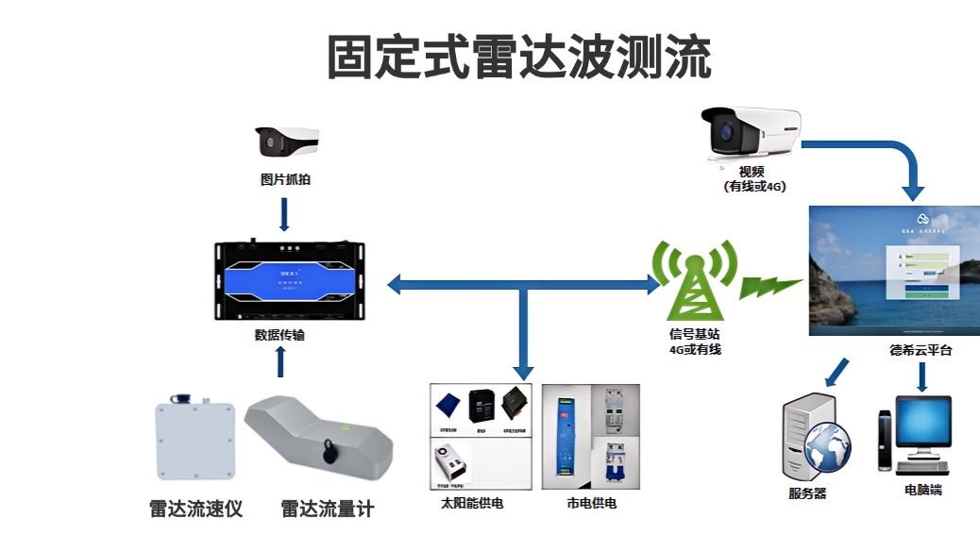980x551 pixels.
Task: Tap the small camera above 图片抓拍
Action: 285,141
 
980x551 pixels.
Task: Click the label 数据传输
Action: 279,334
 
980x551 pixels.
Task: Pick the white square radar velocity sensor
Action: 195,440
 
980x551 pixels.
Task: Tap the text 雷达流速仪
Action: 195,509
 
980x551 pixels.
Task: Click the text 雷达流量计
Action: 327,509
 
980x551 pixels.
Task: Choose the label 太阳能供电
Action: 471,503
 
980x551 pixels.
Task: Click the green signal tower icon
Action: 694,279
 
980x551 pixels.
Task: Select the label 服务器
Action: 807,493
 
